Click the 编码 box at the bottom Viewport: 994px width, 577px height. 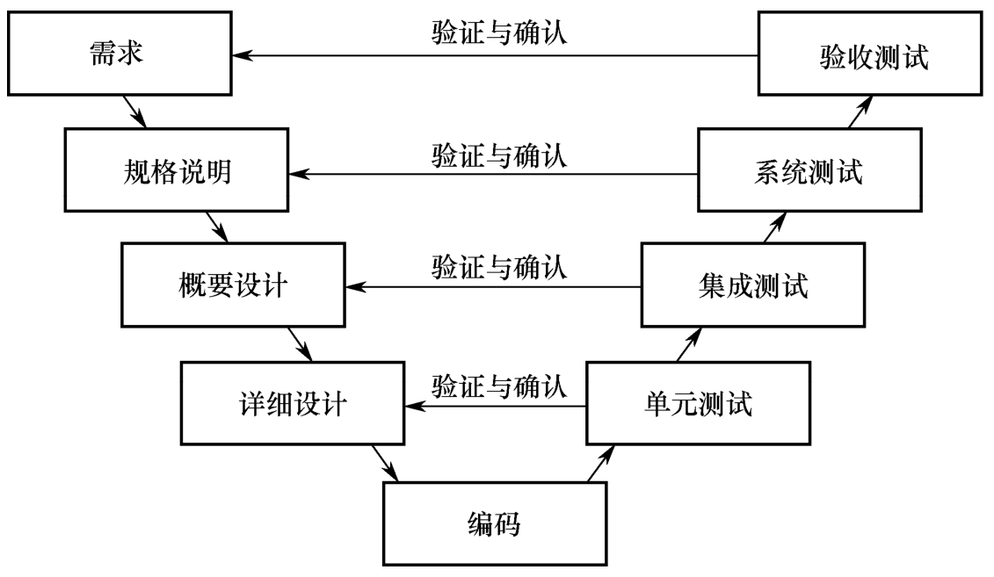[x=494, y=524]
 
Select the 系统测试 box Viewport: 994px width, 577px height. [x=811, y=172]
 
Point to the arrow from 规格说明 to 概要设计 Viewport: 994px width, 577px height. [x=216, y=227]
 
